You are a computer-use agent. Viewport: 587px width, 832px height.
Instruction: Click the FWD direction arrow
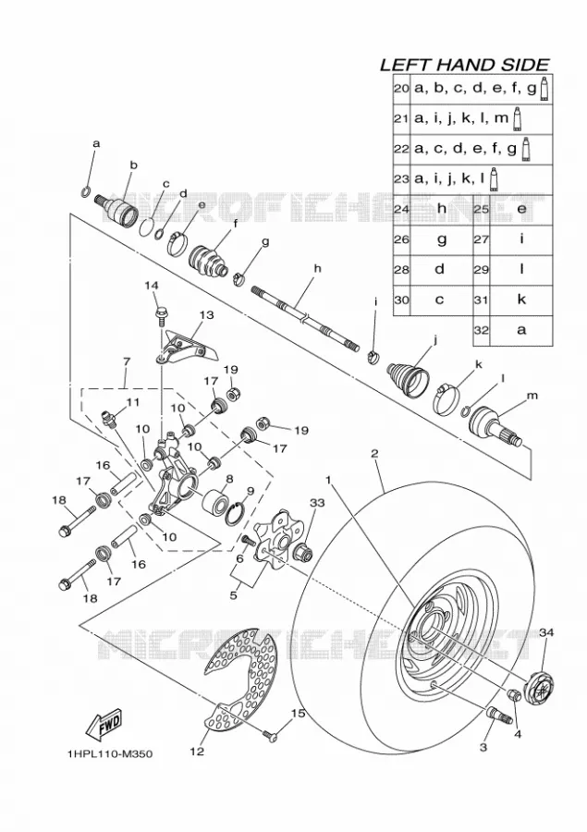click(104, 726)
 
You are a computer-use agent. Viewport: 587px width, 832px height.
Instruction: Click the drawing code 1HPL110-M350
click(110, 754)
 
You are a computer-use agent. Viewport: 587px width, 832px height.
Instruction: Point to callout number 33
click(316, 502)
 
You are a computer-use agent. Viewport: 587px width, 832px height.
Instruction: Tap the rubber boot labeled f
click(210, 261)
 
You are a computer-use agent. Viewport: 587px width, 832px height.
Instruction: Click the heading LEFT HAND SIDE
click(465, 65)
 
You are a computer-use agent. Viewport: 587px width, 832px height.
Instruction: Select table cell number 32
click(482, 329)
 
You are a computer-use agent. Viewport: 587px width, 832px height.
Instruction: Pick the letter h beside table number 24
click(442, 208)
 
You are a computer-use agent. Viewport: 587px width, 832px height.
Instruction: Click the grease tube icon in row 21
click(518, 119)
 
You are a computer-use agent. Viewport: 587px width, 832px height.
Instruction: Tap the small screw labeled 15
click(271, 733)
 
